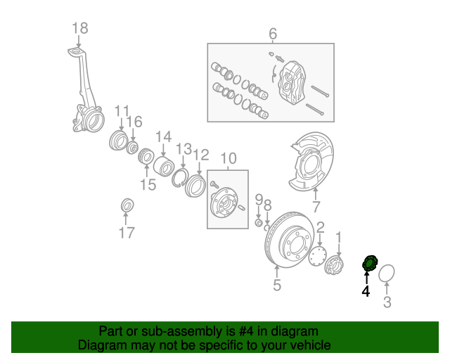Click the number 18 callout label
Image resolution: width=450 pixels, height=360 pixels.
(x=79, y=28)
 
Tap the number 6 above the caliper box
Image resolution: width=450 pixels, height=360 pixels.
(x=273, y=34)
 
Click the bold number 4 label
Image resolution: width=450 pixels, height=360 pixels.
(x=366, y=290)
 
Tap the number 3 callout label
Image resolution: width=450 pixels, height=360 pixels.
(x=387, y=303)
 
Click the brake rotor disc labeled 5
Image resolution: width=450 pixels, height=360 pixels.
(x=288, y=239)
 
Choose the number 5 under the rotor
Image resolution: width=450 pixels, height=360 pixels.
(x=277, y=285)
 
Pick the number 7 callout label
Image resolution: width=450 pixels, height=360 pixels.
(x=316, y=207)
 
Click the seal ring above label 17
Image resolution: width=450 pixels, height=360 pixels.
(x=127, y=205)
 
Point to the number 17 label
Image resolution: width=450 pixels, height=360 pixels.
(x=127, y=233)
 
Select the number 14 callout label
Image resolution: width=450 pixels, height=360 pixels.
(x=163, y=136)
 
